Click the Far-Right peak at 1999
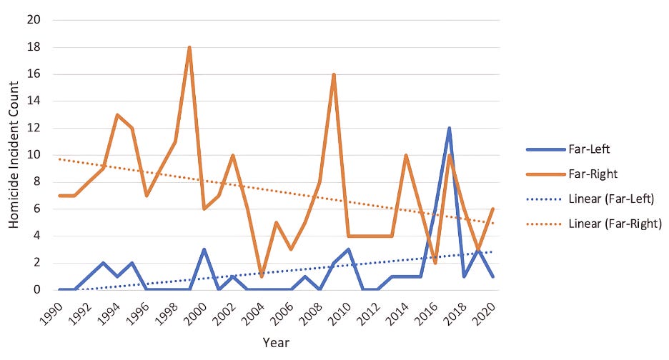coord(189,48)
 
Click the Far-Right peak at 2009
coord(334,74)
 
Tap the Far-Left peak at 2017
coord(450,129)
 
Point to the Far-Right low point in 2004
coord(262,276)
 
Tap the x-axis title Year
coord(275,343)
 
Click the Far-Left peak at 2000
coord(204,250)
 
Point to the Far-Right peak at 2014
coord(406,156)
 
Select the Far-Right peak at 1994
coord(117,115)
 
